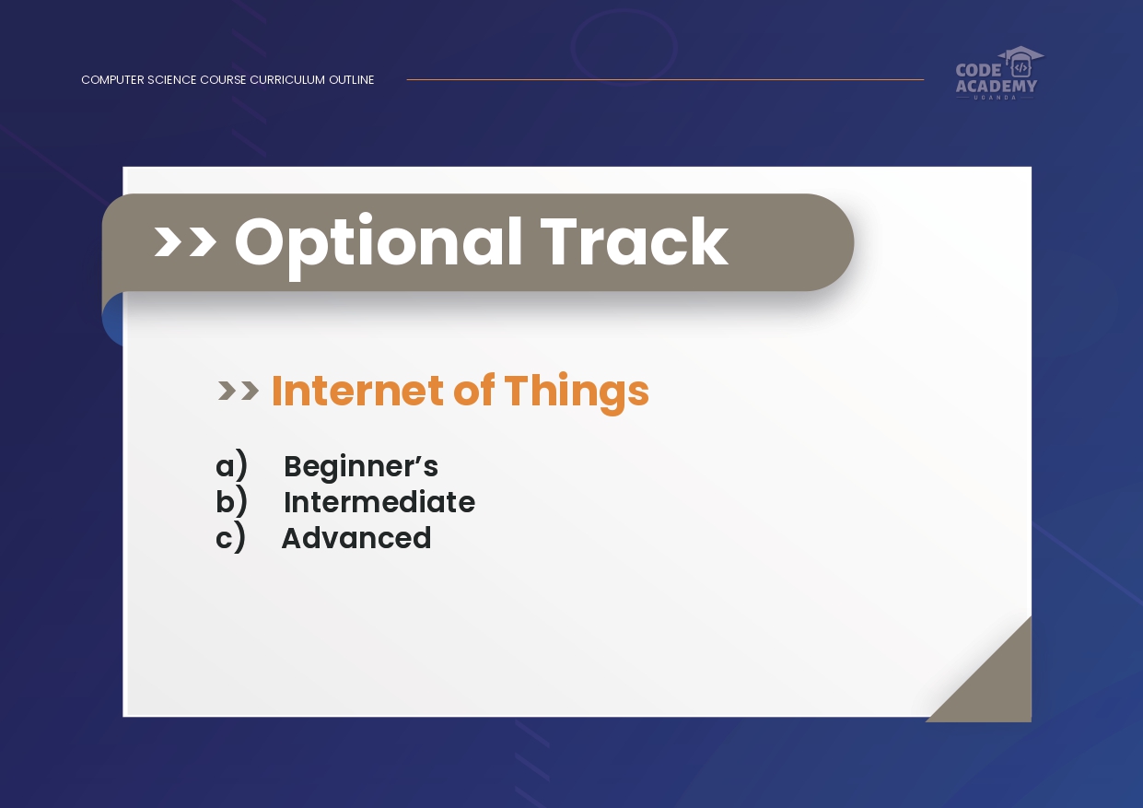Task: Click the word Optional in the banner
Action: [379, 244]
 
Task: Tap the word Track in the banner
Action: [635, 240]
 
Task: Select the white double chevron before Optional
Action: [185, 242]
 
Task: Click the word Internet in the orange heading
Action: [357, 391]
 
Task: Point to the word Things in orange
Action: [577, 392]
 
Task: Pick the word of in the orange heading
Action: [473, 390]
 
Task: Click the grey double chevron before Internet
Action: [239, 391]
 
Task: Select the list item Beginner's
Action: [361, 467]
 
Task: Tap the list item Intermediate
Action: [379, 502]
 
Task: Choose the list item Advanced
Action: [356, 538]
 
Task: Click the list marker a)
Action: [231, 465]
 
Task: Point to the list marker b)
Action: [231, 500]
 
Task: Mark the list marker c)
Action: [230, 537]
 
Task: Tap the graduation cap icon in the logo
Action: [1021, 61]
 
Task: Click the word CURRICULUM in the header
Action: [287, 80]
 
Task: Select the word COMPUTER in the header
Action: [112, 80]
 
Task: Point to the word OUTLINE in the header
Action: [352, 80]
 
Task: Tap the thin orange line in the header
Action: [665, 79]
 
